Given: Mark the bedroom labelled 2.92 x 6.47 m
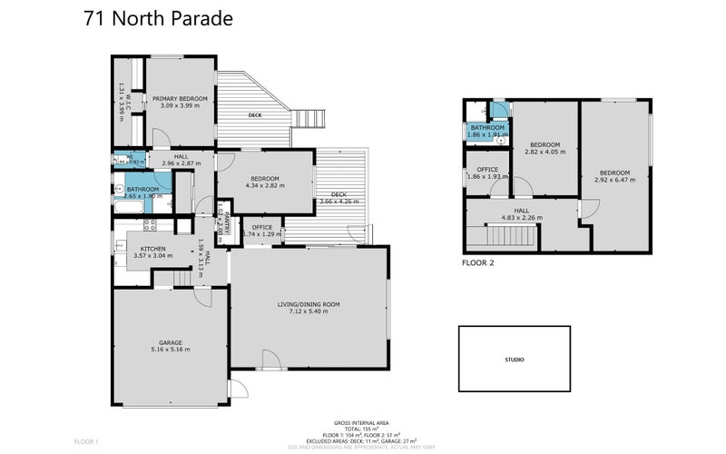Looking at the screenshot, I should click(x=614, y=176).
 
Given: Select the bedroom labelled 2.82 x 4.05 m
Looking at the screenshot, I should click(x=545, y=148).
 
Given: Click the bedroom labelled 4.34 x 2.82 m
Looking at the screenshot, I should click(x=265, y=182).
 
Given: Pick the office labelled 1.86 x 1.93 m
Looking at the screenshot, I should click(x=488, y=173).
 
